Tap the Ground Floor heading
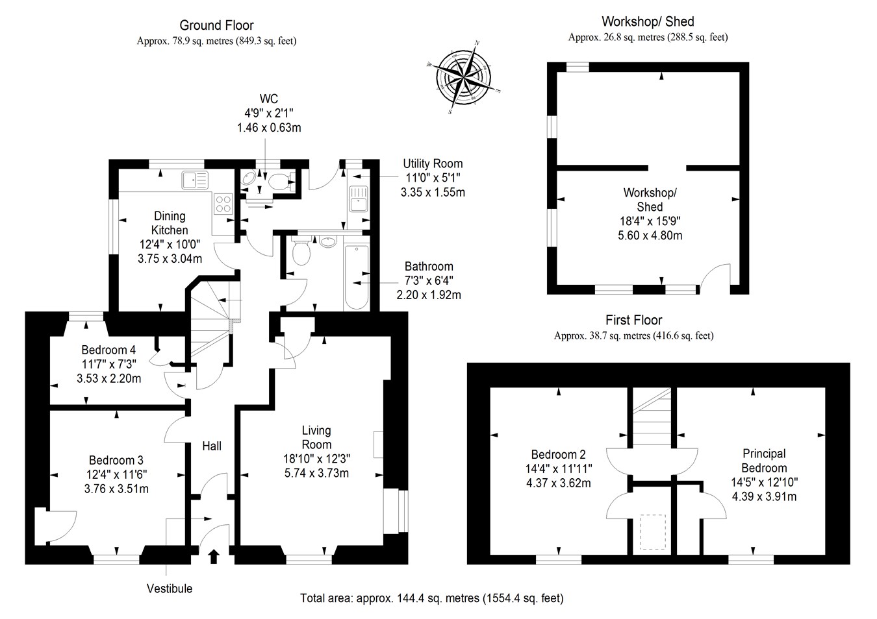(x=216, y=25)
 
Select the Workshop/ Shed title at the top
(x=648, y=22)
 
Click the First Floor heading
(x=633, y=320)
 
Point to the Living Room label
(x=316, y=437)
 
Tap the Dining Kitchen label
(x=170, y=223)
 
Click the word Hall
(x=212, y=446)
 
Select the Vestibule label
(x=170, y=589)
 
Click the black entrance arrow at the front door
(x=214, y=556)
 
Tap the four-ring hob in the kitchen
(x=223, y=204)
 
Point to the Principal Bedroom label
(x=764, y=461)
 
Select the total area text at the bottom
(x=432, y=598)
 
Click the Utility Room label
(x=433, y=164)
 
